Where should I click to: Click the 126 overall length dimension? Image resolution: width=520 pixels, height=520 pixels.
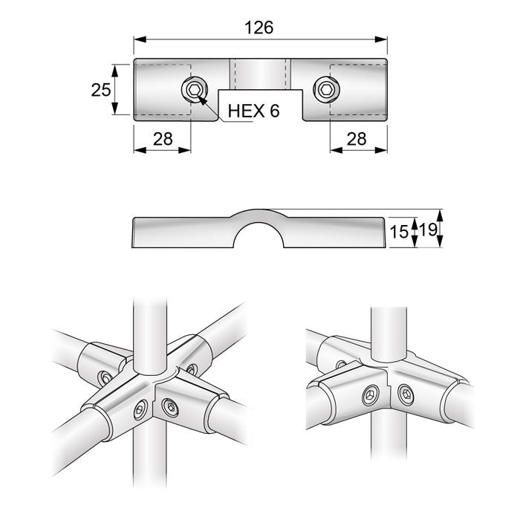(x=259, y=27)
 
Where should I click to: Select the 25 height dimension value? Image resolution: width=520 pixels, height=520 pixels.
(x=101, y=90)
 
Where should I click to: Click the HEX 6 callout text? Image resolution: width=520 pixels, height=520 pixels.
(x=253, y=111)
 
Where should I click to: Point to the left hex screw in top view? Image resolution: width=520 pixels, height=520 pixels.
(x=193, y=91)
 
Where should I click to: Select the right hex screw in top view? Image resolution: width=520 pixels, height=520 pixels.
(x=327, y=91)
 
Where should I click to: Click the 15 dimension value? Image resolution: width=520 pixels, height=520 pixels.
(x=400, y=232)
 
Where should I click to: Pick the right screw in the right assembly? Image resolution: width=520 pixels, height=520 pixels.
(x=406, y=394)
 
